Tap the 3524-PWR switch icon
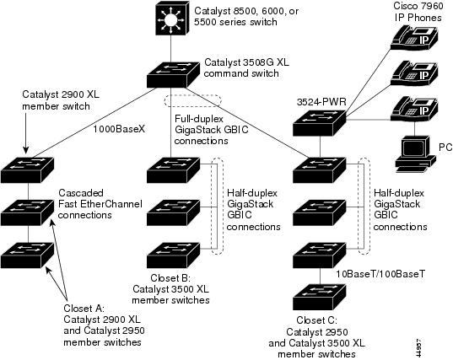(x=319, y=123)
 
